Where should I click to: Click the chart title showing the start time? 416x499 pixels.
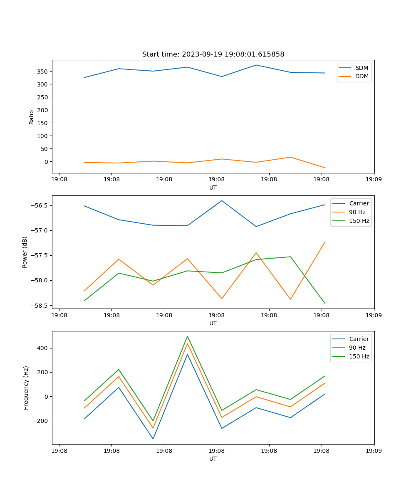(x=213, y=54)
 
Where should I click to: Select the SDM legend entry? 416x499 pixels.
(x=362, y=68)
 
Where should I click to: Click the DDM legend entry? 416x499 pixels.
(x=362, y=77)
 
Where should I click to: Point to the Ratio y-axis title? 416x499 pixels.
(x=32, y=117)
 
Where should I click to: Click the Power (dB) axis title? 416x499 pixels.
(x=25, y=252)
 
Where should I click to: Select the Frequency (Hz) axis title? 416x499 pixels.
(x=26, y=388)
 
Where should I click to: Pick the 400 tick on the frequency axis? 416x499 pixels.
(x=43, y=348)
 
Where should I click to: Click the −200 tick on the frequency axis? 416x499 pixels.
(x=41, y=421)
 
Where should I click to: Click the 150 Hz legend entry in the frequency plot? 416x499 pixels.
(x=359, y=356)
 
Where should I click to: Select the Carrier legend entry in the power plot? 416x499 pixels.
(x=359, y=203)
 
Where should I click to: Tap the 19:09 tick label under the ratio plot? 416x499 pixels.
(x=374, y=180)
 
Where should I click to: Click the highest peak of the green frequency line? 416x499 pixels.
(x=187, y=336)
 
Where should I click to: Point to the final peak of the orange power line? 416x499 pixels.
(x=325, y=242)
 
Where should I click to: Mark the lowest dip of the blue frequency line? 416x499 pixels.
(x=153, y=439)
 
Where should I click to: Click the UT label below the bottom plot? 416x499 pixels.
(x=213, y=459)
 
